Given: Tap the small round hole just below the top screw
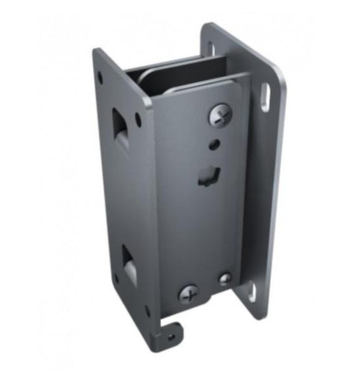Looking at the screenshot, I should click(x=215, y=142).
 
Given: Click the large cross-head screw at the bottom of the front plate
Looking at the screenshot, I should click(x=188, y=294).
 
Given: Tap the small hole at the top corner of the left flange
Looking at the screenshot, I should click(x=99, y=78).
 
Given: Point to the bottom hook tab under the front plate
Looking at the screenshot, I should click(x=168, y=331).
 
